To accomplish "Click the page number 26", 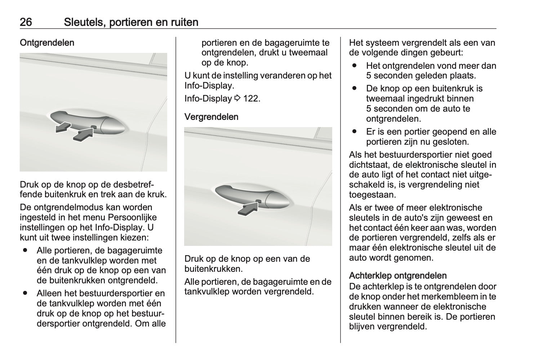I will click(x=26, y=22).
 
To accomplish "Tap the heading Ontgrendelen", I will click(x=47, y=42).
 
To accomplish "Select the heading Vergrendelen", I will click(x=211, y=117).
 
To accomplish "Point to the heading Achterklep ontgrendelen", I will click(x=398, y=276).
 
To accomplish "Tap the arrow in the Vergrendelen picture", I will click(x=248, y=208).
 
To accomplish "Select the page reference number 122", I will click(x=251, y=98).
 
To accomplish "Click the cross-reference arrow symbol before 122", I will click(x=237, y=98).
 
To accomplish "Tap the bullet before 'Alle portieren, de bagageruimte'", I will click(x=25, y=250).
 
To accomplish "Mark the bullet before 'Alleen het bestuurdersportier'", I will click(x=25, y=293).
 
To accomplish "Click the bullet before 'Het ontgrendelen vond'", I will click(x=355, y=66).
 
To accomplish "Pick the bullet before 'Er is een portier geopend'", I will click(x=355, y=131).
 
